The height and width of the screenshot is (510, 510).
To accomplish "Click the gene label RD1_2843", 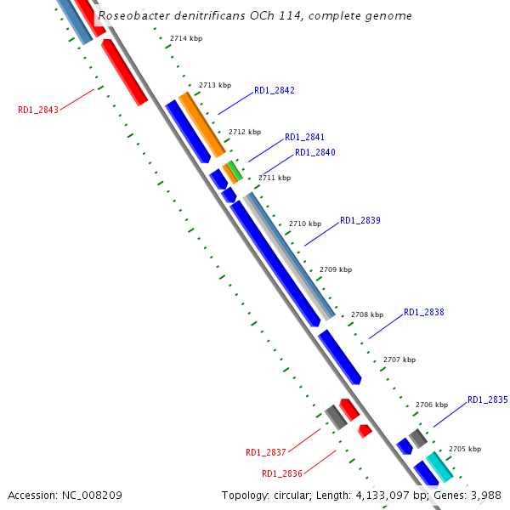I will coord(38,110).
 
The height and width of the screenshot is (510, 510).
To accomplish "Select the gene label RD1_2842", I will coord(275,91).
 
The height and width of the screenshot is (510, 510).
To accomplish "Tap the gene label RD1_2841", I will coord(304,137).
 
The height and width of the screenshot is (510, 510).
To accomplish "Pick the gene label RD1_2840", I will coord(315,153).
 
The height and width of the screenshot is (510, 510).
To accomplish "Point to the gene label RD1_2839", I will coord(360,220).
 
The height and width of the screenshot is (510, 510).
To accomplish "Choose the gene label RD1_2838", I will coord(424,312).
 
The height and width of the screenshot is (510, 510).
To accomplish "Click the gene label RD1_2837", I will coord(266,452).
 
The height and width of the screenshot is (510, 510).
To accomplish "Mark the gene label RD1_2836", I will coord(282,473).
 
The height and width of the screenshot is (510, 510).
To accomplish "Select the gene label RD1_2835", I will coord(488,399).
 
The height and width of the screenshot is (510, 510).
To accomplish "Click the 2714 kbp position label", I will coord(186,39).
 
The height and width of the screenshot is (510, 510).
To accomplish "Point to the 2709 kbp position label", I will coord(335,269).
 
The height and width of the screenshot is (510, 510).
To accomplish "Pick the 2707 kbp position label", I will coord(399,360).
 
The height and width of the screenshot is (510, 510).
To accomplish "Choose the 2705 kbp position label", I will coord(464,449).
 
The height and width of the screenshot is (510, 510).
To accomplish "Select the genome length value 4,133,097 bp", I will coord(378,495).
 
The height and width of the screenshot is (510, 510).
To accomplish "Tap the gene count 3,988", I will coord(484,495).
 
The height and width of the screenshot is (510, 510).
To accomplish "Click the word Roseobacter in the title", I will coord(131,16).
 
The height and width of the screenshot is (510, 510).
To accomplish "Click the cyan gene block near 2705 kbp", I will coord(439,467).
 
